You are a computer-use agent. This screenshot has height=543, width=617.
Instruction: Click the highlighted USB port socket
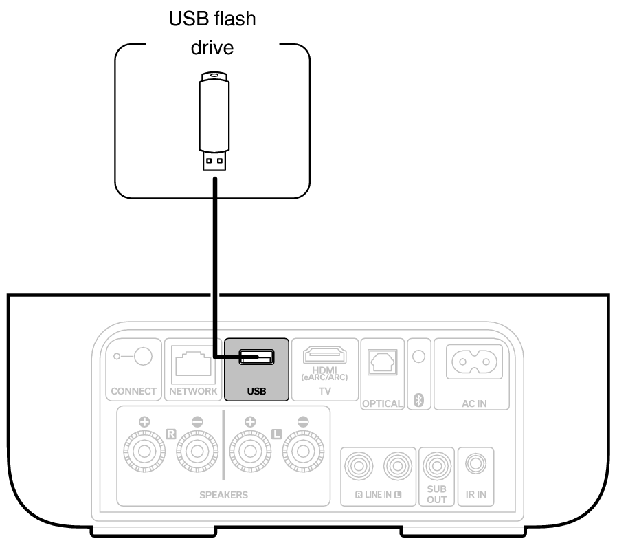[256, 357]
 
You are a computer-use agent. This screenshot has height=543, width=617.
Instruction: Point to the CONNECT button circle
[142, 356]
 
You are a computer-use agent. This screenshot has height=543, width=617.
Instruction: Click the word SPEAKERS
[225, 494]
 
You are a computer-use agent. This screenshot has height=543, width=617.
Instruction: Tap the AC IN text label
[474, 403]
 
